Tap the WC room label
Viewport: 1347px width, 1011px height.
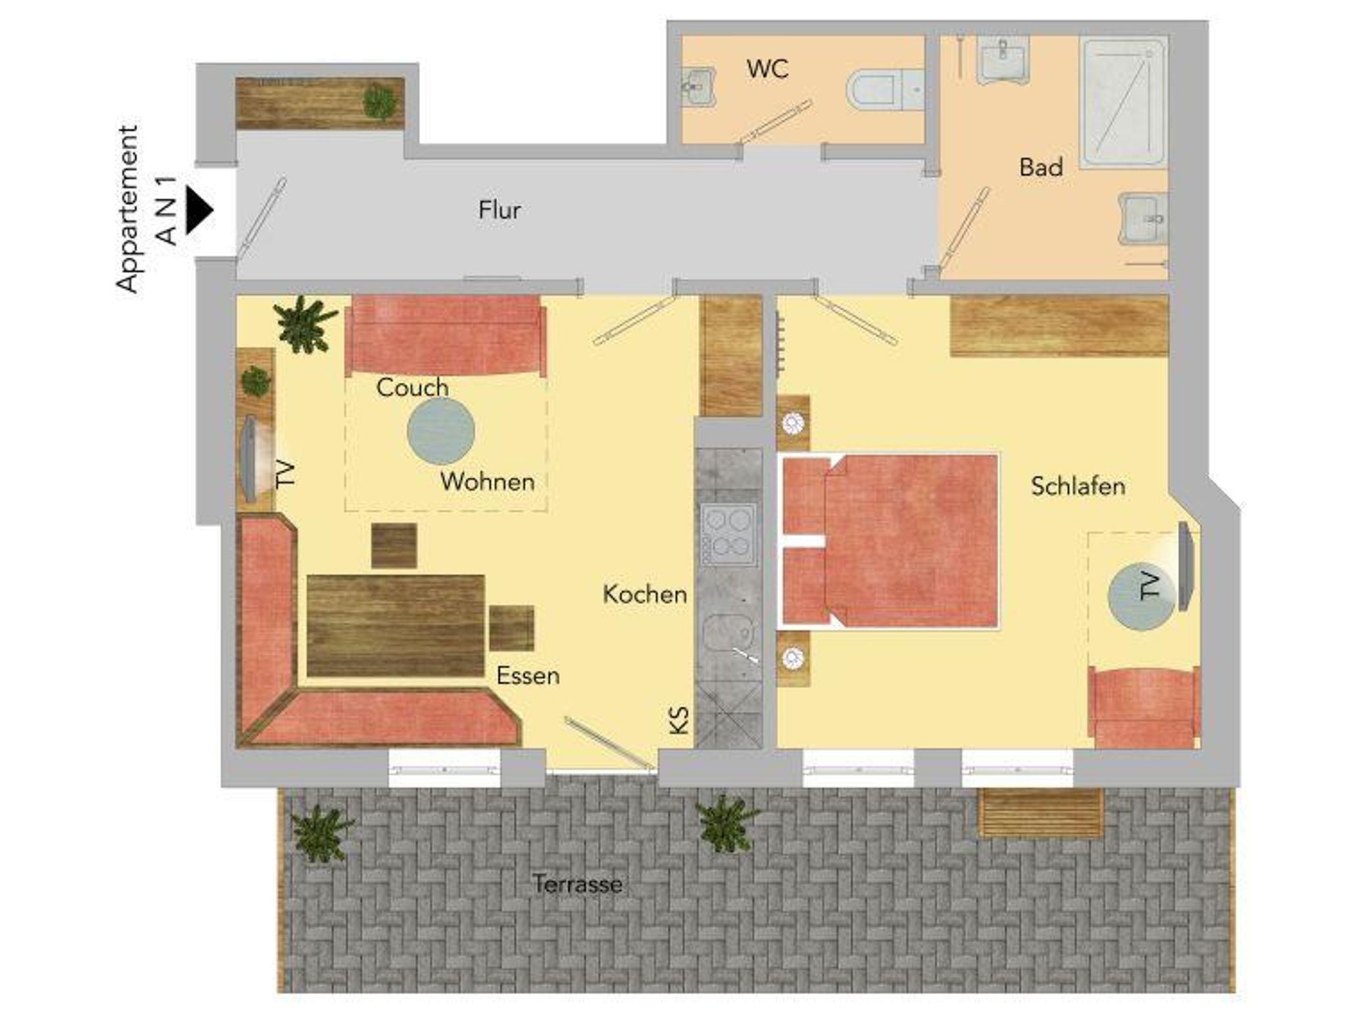pyautogui.click(x=768, y=69)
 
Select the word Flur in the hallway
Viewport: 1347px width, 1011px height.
pyautogui.click(x=500, y=210)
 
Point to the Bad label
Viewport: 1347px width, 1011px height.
pyautogui.click(x=1041, y=167)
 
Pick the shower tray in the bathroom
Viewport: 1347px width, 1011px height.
pyautogui.click(x=1123, y=102)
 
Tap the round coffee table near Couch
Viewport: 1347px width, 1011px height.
pyautogui.click(x=441, y=431)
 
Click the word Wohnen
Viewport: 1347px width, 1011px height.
pyautogui.click(x=487, y=482)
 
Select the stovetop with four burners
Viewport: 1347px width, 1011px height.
pyautogui.click(x=729, y=534)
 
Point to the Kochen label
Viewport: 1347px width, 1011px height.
pyautogui.click(x=645, y=594)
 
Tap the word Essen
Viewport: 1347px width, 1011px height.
pyautogui.click(x=527, y=676)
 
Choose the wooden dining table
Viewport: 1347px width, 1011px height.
pyautogui.click(x=396, y=626)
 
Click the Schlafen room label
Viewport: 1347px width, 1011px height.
pyautogui.click(x=1078, y=486)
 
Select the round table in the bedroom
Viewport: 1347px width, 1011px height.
pyautogui.click(x=1141, y=596)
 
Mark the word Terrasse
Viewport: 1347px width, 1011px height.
pyautogui.click(x=577, y=884)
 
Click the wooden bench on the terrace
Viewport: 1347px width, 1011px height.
pyautogui.click(x=1041, y=812)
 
